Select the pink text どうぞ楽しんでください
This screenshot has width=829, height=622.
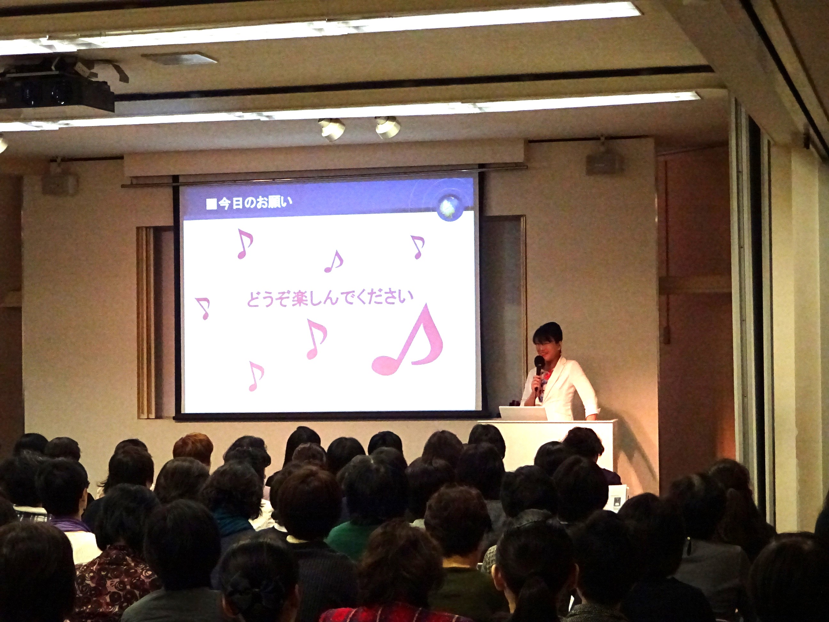pos(330,298)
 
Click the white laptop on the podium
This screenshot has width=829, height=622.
pos(523,413)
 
